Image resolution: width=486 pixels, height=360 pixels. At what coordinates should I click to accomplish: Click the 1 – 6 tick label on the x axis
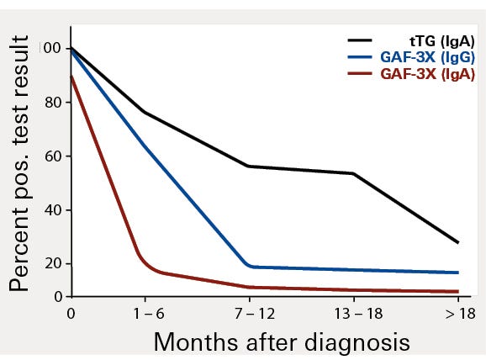coord(145,311)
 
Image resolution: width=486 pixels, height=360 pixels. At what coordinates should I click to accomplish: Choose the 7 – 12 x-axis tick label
coord(249,311)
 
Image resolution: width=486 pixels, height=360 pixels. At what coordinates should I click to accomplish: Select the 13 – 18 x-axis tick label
coord(353,311)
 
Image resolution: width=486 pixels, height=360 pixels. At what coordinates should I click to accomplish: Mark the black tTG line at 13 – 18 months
coord(353,173)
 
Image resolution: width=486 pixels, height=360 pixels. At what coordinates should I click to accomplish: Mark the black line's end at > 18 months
coord(458,243)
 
